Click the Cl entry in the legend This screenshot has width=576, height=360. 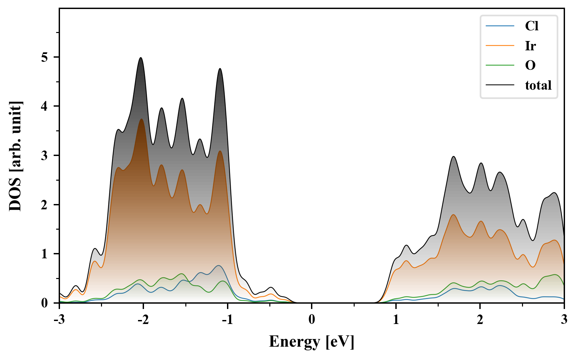[531, 26]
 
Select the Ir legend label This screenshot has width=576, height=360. [530, 46]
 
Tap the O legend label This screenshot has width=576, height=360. [530, 65]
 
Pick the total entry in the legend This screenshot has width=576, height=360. [538, 85]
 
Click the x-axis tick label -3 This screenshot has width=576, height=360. [59, 319]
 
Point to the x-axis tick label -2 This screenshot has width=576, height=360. [143, 319]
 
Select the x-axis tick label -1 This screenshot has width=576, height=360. [227, 319]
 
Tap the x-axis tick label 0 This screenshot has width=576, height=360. [312, 319]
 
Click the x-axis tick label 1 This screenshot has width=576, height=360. [396, 319]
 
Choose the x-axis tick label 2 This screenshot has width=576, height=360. [480, 319]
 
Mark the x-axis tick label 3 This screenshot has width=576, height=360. [564, 319]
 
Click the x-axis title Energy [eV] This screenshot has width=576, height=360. [312, 342]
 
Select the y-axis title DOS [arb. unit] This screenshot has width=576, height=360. [15, 156]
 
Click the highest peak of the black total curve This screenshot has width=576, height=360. [141, 58]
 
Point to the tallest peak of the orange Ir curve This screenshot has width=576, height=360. [142, 119]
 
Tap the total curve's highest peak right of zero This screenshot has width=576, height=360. [453, 156]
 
